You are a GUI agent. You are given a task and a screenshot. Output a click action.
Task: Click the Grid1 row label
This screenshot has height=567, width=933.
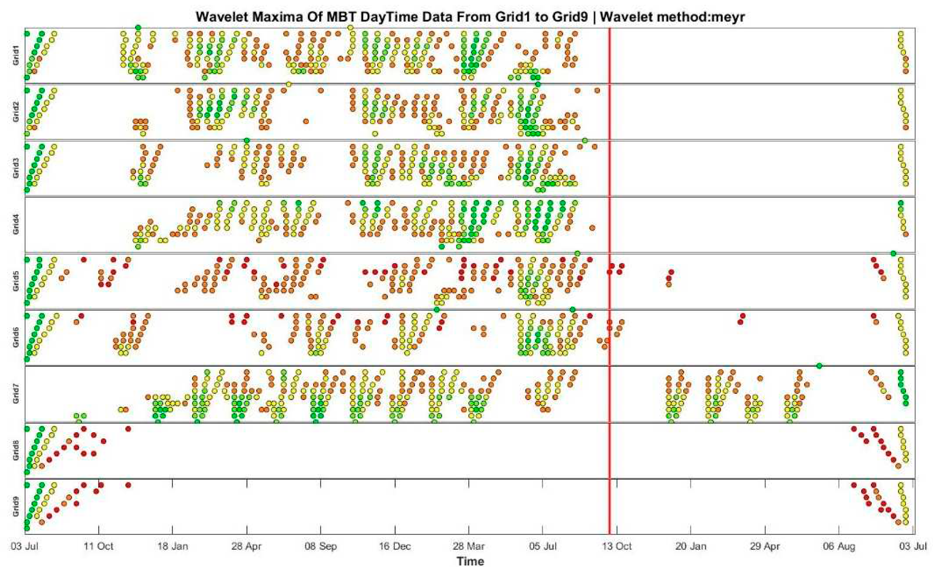[x=15, y=56]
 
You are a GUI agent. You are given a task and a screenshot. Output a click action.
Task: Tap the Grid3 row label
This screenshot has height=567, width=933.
[x=15, y=169]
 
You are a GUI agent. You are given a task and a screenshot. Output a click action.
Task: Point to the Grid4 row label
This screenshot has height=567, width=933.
[x=15, y=225]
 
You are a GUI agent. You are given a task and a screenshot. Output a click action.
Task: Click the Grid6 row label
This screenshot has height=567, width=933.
[x=15, y=338]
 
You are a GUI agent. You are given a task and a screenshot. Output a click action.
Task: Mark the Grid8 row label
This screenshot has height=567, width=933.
[x=15, y=451]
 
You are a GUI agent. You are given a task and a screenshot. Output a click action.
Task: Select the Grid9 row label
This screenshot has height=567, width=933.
[x=15, y=507]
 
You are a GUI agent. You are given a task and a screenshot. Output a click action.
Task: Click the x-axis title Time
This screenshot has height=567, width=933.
[x=470, y=561]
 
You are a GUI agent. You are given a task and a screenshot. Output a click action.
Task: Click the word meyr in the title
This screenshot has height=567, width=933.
[x=727, y=17]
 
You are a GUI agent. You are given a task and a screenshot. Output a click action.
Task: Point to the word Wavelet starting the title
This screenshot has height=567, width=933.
[x=219, y=17]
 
